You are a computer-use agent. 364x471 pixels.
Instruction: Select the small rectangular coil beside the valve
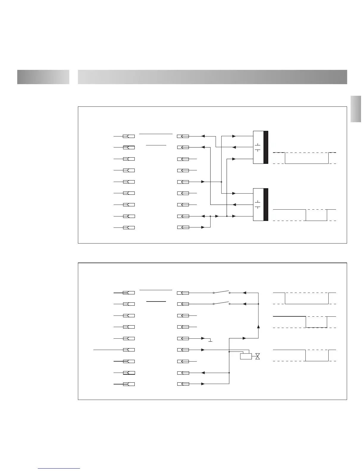pos(246,356)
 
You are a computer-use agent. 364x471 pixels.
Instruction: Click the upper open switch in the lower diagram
pos(222,292)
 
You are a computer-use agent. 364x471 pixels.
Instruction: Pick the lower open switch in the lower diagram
pos(222,303)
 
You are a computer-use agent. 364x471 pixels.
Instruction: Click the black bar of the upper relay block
pos(266,147)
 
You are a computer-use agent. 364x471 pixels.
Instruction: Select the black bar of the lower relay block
pos(266,205)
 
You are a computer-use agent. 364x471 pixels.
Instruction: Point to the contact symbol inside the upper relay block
pos(258,147)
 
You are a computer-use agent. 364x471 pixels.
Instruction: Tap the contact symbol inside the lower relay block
pos(258,205)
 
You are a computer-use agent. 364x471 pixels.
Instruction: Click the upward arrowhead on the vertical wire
pos(258,326)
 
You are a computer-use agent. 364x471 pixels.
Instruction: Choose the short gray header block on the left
pos(43,77)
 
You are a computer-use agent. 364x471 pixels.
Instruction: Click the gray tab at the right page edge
pos(356,109)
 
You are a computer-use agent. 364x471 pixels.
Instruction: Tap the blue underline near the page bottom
pos(59,468)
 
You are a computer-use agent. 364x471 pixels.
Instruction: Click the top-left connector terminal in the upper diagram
pos(129,136)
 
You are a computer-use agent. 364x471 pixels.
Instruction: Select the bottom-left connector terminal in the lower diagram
pos(129,384)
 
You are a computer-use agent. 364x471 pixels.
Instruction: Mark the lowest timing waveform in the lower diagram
pos(305,355)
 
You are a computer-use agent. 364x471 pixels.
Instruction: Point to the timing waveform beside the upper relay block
pos(305,158)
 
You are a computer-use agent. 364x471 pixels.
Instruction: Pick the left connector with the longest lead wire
pos(129,350)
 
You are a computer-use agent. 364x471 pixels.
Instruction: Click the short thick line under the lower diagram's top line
pos(156,302)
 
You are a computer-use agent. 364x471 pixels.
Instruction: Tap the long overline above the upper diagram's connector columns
pos(156,134)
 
